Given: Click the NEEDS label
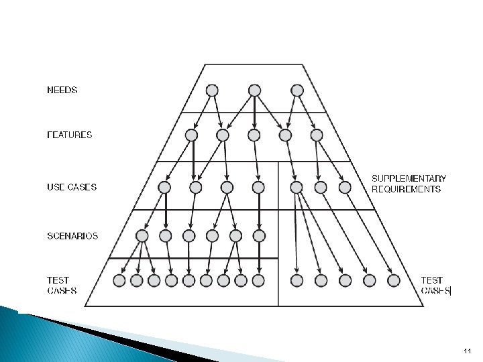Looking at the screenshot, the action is coord(62,90).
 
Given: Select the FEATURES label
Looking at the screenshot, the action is coord(69,135).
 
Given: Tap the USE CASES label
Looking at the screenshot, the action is coord(71,187).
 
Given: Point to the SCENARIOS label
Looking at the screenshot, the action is coord(72,236).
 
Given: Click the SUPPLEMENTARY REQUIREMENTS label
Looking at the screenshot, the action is coord(409,184).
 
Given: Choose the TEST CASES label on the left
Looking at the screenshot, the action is coord(62,286).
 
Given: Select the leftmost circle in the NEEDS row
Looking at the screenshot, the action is coord(212,90).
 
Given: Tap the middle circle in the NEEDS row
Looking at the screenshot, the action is coord(254,90).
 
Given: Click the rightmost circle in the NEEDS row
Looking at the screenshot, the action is coord(297,90).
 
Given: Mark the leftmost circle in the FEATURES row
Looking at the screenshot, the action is coord(191,135).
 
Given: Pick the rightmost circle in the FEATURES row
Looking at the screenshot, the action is coord(317,135).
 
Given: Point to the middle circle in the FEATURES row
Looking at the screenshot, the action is coord(254,135).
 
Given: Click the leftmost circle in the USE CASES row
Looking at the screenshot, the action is coord(164,187).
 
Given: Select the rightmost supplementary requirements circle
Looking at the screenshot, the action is coord(344,187).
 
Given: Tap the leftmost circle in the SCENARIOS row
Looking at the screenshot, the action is coord(142,236).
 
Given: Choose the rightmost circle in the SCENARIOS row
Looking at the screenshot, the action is coord(259,236).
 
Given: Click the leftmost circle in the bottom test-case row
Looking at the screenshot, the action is coord(119,280).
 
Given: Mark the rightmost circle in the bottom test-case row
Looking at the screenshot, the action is coord(394,280).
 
